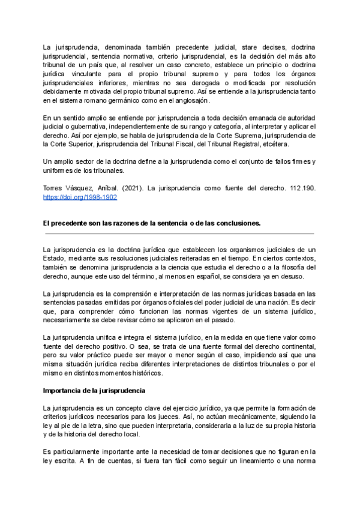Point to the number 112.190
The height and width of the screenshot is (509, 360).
point(303,188)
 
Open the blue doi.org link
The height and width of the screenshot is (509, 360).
point(80,197)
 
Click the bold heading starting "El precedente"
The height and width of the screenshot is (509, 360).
point(152,223)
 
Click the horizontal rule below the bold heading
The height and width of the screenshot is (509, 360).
point(179,233)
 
